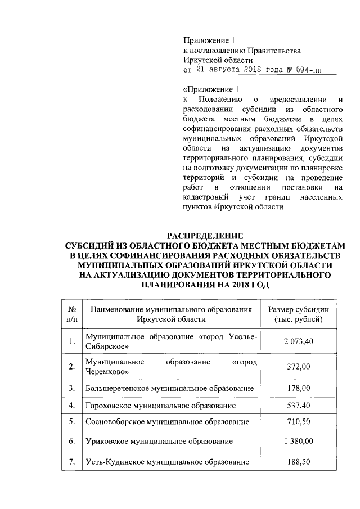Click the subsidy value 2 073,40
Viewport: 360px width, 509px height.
click(x=296, y=341)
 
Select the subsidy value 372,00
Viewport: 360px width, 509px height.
click(x=296, y=367)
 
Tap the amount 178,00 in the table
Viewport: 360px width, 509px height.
click(x=296, y=388)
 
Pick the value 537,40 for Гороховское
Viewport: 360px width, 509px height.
click(x=296, y=404)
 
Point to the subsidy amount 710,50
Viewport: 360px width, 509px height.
click(x=296, y=421)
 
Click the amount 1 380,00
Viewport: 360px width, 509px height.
click(x=296, y=441)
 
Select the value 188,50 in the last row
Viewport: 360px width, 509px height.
click(x=296, y=461)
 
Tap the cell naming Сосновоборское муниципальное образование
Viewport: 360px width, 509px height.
click(x=167, y=421)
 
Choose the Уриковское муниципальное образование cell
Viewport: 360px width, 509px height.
click(x=159, y=441)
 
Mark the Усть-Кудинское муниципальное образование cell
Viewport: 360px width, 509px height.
click(x=167, y=461)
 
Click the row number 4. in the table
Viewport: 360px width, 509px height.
click(x=71, y=404)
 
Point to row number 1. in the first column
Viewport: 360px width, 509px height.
click(x=71, y=341)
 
